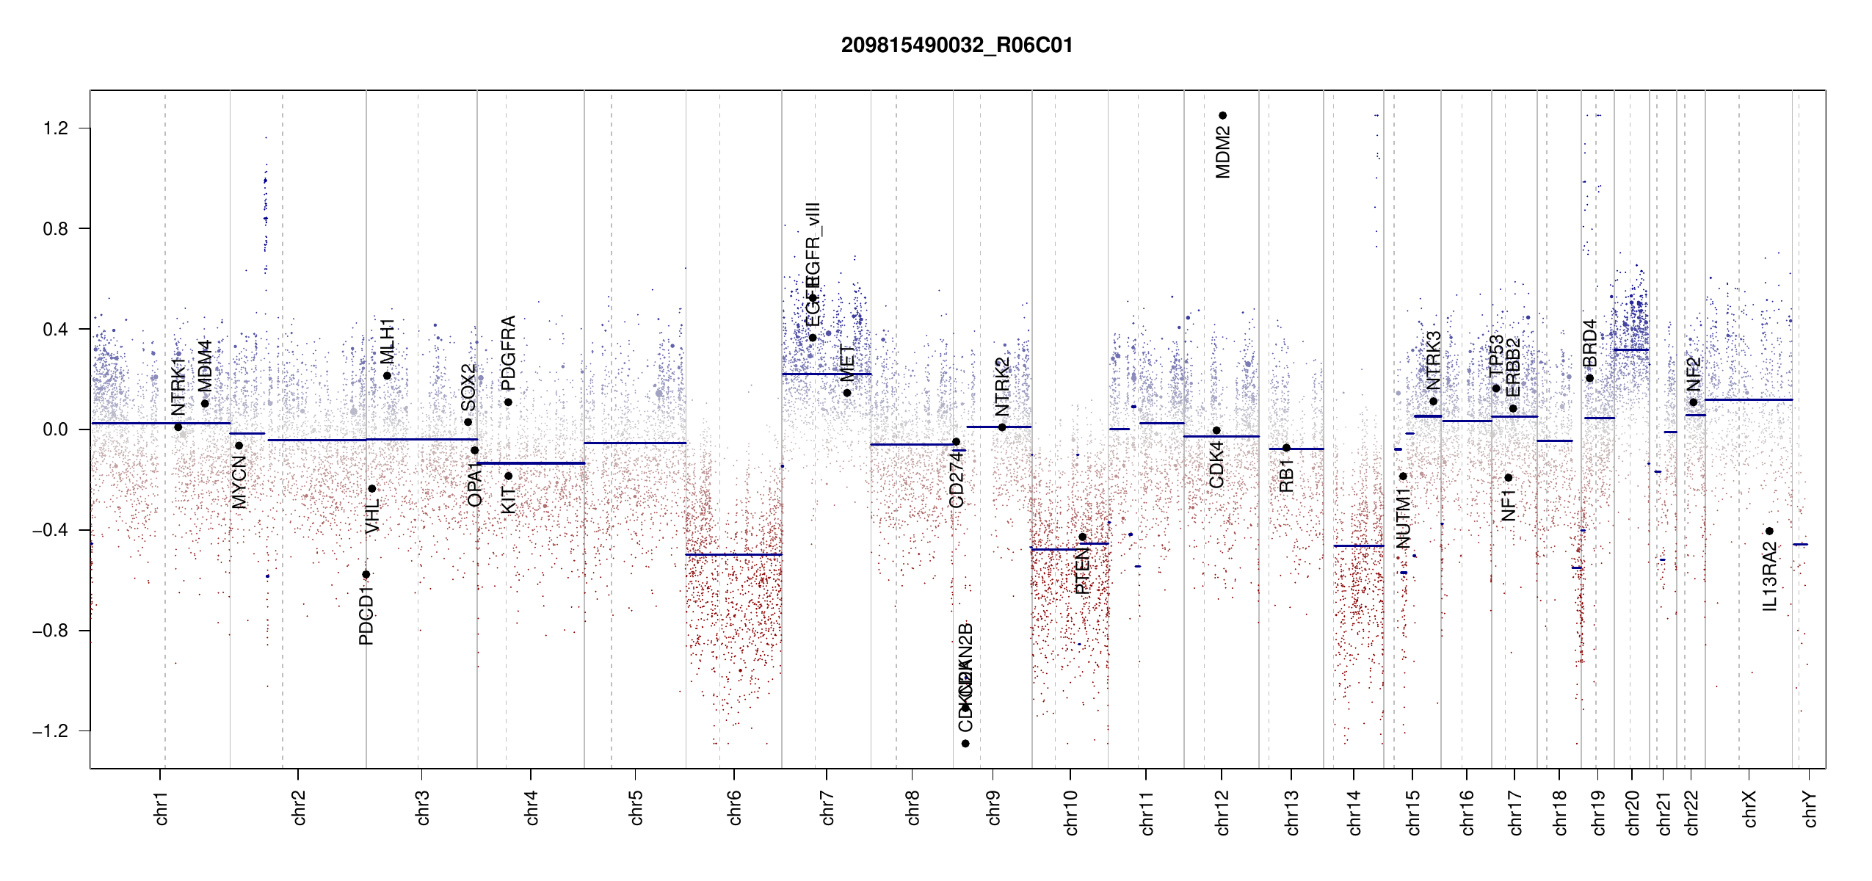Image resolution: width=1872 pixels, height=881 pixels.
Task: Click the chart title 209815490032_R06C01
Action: tap(957, 46)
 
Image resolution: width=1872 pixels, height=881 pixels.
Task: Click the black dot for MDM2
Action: tap(1222, 115)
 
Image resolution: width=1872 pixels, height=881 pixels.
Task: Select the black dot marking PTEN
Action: tap(1082, 537)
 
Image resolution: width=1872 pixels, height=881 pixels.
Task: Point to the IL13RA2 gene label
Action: tap(1769, 577)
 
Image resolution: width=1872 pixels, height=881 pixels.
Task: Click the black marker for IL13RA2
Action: tap(1769, 531)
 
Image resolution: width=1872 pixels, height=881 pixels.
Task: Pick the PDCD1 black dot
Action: tap(366, 574)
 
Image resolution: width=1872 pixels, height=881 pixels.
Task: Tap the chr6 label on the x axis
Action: tap(734, 808)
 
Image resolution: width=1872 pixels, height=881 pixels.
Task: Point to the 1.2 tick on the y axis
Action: tap(56, 128)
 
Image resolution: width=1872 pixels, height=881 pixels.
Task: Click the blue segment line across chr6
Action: tap(733, 554)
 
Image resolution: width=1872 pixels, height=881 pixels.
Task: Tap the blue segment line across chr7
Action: tap(826, 374)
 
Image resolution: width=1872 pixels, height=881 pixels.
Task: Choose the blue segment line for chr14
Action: tap(1358, 545)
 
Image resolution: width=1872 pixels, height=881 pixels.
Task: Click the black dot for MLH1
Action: tap(387, 376)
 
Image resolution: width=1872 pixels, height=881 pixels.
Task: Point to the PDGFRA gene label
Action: tap(508, 352)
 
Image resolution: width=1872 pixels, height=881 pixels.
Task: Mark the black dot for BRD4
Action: tap(1589, 378)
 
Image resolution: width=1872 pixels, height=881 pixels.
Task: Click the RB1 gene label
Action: tap(1286, 476)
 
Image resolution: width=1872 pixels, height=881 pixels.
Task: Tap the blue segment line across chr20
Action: tap(1630, 349)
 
